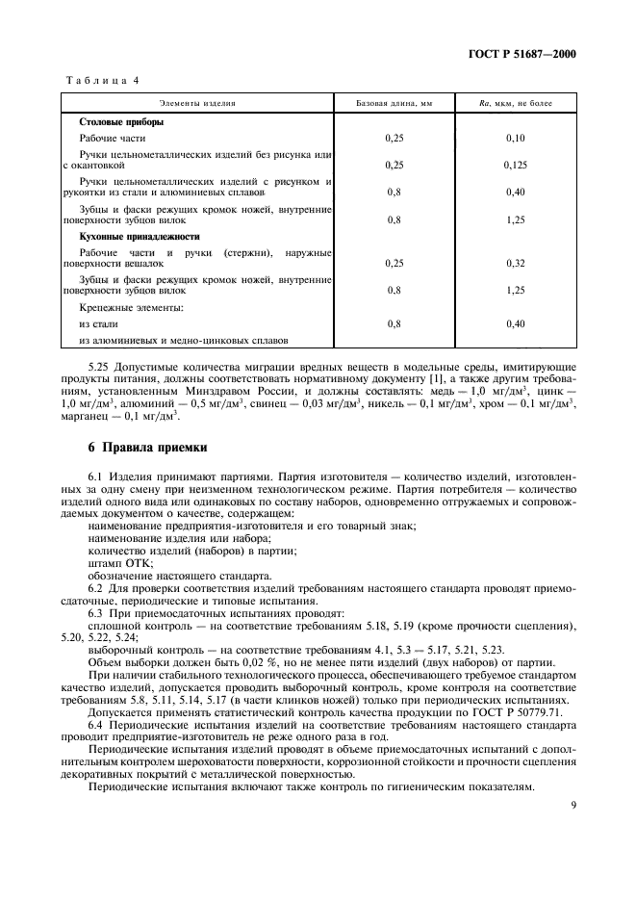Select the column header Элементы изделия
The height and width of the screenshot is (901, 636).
pos(197,101)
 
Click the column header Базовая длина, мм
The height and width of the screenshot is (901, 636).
pos(394,101)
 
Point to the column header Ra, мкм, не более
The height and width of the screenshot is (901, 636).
pos(516,101)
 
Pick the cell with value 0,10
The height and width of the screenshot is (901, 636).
pos(516,139)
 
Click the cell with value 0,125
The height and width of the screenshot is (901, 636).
pos(516,165)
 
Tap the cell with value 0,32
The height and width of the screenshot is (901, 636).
pos(516,262)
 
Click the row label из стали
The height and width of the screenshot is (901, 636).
pos(98,324)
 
